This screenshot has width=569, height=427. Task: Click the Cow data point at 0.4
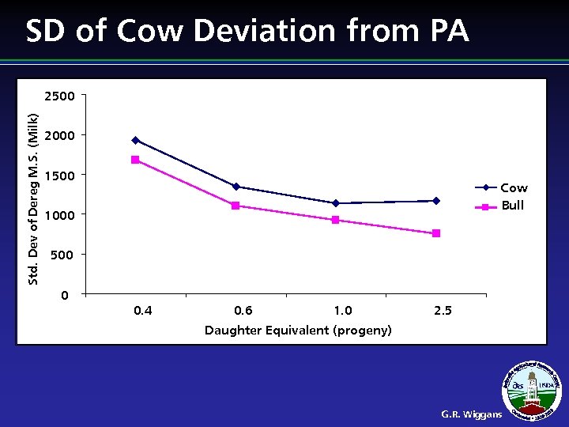(x=135, y=141)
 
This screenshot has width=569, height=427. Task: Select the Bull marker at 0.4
(x=135, y=160)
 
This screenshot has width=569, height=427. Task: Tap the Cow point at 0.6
(x=236, y=187)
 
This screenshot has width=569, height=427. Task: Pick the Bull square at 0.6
(x=236, y=206)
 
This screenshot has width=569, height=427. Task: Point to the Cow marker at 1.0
(x=336, y=203)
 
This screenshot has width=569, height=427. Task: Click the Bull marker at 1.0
(x=336, y=220)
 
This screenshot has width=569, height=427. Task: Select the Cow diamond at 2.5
(x=436, y=201)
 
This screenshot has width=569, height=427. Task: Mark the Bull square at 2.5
(x=436, y=233)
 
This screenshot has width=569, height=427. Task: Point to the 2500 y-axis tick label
(x=60, y=96)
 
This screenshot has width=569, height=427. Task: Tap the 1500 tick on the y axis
(x=60, y=176)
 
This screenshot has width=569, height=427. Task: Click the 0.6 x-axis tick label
(x=243, y=311)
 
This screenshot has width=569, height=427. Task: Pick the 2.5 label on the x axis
(x=443, y=311)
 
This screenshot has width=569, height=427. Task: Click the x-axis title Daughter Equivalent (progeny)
(x=298, y=331)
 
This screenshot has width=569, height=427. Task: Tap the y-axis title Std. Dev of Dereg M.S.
(x=33, y=195)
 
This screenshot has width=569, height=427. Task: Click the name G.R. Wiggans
(x=471, y=414)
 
